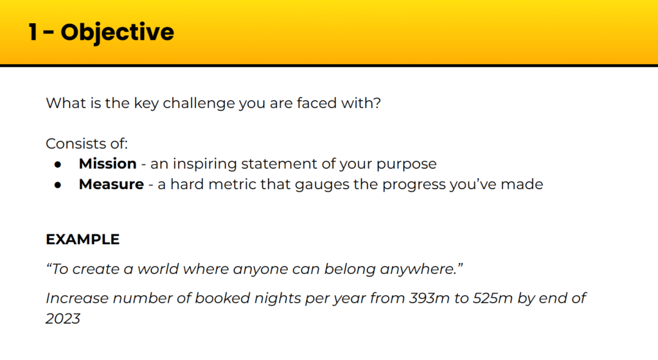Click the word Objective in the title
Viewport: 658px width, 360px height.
tap(117, 33)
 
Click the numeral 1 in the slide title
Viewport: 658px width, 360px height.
tap(33, 32)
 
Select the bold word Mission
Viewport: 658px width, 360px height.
tap(107, 163)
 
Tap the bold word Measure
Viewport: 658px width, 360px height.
tap(111, 184)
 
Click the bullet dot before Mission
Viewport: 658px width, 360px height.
tap(58, 165)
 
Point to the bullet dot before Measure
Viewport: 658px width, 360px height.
tap(58, 185)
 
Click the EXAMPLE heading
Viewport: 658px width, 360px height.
tap(83, 239)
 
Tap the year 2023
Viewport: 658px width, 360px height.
tap(63, 318)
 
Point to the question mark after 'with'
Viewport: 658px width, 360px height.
tap(377, 103)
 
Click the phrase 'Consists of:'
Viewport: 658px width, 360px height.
tap(87, 143)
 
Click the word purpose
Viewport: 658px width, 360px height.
tap(406, 164)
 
